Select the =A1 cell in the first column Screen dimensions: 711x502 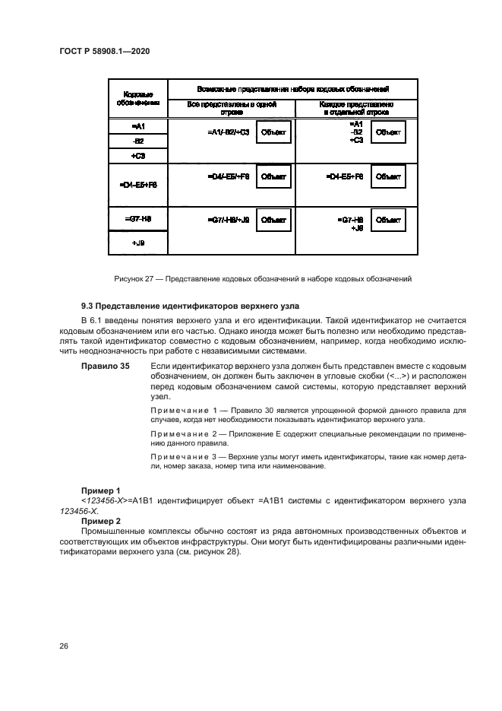click(x=137, y=126)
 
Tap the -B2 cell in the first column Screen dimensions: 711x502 click(x=137, y=141)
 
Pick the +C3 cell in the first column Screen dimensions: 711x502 click(x=137, y=155)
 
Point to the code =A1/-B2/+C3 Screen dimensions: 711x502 click(x=228, y=132)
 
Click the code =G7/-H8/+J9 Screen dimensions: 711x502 click(x=228, y=221)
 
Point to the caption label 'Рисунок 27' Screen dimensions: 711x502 click(x=132, y=279)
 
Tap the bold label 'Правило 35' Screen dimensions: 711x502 click(x=105, y=367)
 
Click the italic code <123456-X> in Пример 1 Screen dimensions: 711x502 click(x=106, y=501)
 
